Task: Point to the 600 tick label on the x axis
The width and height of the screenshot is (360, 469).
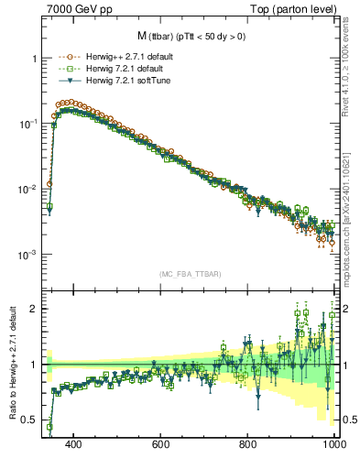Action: (x=161, y=446)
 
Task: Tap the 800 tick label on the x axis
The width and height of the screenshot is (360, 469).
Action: (x=248, y=446)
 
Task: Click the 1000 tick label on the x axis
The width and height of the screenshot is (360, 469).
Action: (x=332, y=446)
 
